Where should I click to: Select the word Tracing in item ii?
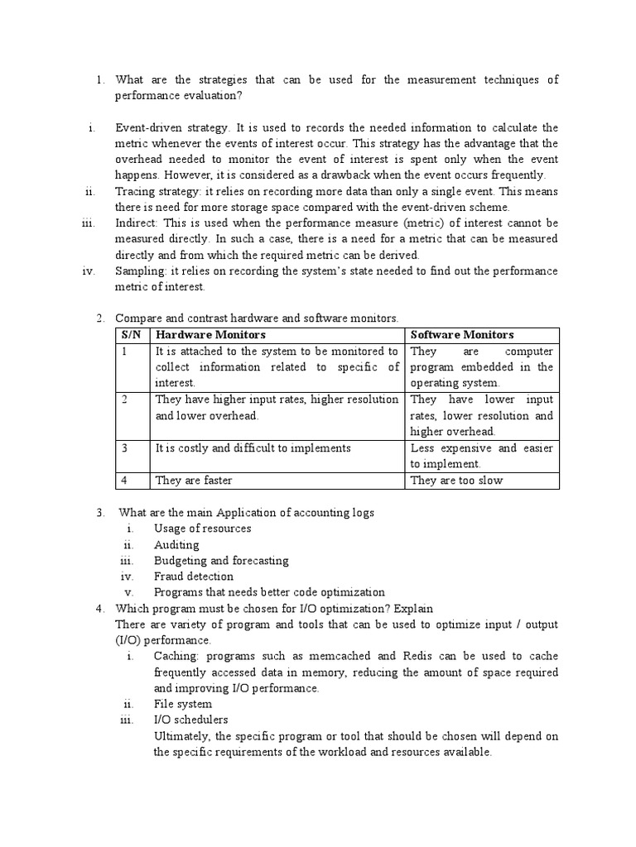[134, 191]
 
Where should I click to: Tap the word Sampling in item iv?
[138, 270]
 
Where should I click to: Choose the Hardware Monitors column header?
[210, 334]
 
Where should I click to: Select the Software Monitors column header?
[462, 334]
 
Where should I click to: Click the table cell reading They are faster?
[194, 480]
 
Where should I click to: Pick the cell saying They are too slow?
[456, 480]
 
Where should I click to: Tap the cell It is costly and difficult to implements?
[253, 447]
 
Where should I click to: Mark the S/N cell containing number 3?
[124, 447]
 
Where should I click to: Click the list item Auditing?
[176, 544]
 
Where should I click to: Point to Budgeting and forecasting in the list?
[221, 560]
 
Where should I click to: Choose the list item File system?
[182, 704]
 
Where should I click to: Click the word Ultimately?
[184, 735]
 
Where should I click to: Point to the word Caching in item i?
[175, 656]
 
